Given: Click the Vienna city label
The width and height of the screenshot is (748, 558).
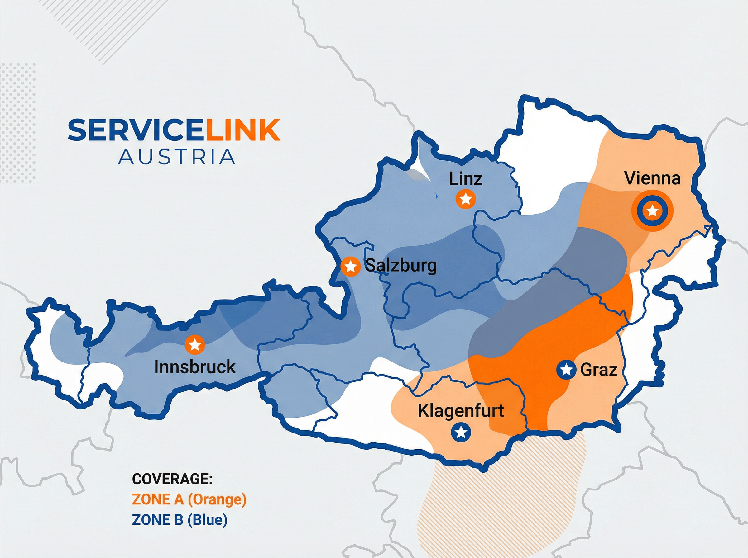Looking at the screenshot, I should point(652,178).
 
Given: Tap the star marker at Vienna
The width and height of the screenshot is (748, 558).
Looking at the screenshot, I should point(652,211).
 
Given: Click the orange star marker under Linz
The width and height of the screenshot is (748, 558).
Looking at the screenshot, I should point(466,199).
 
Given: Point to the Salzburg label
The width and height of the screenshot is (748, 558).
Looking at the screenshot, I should point(401,266).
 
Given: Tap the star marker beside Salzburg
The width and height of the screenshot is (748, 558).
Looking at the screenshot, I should point(351,267).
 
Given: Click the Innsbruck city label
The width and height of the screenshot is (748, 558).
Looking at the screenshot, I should point(195,367).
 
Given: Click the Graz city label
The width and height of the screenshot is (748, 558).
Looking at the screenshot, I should point(599,370).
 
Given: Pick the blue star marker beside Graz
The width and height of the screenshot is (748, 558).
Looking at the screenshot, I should point(566,370).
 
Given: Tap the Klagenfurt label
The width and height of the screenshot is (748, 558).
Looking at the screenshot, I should point(461,411).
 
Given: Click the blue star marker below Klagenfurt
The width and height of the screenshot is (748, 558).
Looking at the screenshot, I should point(461,432).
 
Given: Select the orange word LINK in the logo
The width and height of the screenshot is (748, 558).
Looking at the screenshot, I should point(242,130).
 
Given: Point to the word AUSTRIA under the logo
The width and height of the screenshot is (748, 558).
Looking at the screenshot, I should point(176,157).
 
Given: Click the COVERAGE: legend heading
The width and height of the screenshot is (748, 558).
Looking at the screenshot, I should point(172,479).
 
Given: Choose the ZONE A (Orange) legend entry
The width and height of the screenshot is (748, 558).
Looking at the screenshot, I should point(189,499).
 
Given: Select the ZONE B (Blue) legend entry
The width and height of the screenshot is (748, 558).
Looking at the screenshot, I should point(180,519).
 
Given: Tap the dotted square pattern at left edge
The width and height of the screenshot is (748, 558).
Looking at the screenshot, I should point(17,123).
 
